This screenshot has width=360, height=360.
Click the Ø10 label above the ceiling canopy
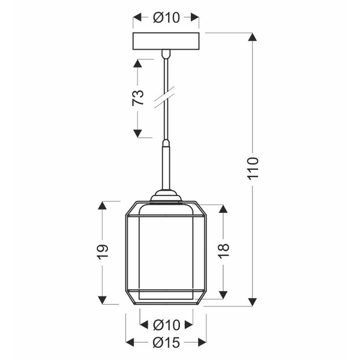[x=166, y=18]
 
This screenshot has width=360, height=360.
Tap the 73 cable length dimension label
[x=138, y=97]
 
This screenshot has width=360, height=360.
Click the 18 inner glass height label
[x=223, y=251]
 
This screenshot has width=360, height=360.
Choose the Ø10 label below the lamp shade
[x=166, y=325]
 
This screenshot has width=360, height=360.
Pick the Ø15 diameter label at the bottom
[x=166, y=342]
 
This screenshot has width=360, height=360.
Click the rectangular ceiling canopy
[x=166, y=42]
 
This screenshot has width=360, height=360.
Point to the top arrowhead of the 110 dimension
[x=253, y=37]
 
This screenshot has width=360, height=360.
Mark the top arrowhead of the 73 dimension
[x=138, y=63]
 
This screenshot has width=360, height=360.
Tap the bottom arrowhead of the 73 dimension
[x=138, y=133]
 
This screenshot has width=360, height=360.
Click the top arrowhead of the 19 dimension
[x=102, y=206]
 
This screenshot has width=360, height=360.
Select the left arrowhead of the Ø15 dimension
[x=130, y=342]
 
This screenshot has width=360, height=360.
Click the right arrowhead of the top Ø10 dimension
[x=196, y=18]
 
